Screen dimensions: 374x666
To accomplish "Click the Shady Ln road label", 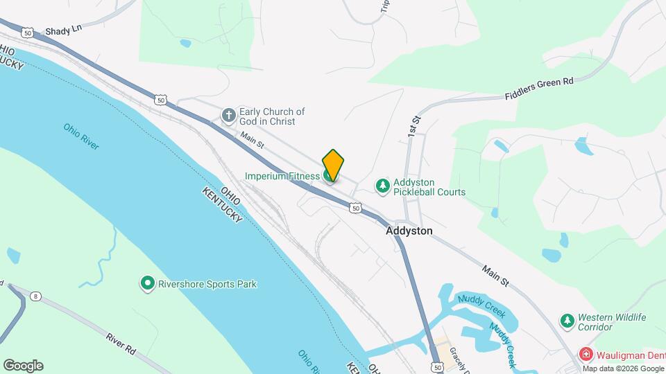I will pos(64,31).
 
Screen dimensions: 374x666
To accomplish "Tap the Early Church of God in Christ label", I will pos(272,116).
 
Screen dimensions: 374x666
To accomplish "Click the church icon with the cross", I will pos(229,116).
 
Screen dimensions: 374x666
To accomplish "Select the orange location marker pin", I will pos(333,165).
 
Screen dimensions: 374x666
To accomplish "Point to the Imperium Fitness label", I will pos(282,177).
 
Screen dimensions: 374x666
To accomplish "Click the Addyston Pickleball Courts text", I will pos(429,187).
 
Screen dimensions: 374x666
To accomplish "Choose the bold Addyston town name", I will pos(409,231).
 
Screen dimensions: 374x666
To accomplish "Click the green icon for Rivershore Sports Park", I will pos(147,283).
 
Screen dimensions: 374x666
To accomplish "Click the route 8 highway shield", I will pos(36,296).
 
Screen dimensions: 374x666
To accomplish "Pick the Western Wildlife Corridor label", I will pos(613,322).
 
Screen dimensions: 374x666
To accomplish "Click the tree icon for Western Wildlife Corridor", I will pos(567,321).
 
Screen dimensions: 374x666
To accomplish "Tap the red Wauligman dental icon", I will pos(586,355).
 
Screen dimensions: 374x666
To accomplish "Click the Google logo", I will pos(23,366).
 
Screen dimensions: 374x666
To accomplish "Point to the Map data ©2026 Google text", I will pos(624,368).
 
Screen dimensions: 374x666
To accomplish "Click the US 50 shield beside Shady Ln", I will pos(27,32).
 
